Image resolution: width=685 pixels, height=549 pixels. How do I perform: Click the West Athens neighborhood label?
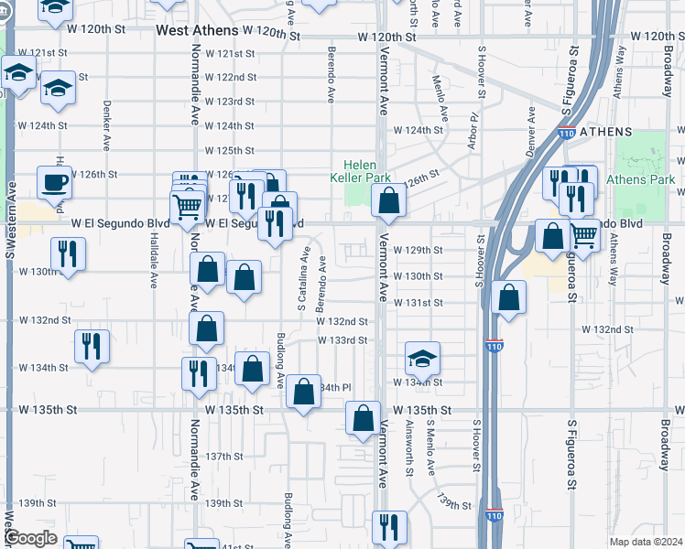point(196,30)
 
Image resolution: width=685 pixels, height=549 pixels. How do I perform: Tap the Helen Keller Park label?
point(361,171)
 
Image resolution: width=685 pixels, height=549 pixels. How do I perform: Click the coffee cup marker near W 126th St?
point(54,181)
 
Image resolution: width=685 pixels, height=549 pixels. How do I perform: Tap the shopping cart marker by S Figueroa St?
point(584,236)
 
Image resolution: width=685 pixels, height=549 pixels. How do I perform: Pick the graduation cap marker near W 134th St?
point(422,359)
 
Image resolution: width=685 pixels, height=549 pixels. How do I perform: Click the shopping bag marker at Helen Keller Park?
point(389,201)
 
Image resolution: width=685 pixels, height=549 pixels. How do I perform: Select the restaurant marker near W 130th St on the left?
point(68,253)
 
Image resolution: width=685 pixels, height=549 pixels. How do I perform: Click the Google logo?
point(30,538)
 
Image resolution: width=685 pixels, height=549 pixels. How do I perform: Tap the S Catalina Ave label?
point(302,274)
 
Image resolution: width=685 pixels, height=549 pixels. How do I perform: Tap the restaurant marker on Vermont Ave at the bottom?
point(389,527)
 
